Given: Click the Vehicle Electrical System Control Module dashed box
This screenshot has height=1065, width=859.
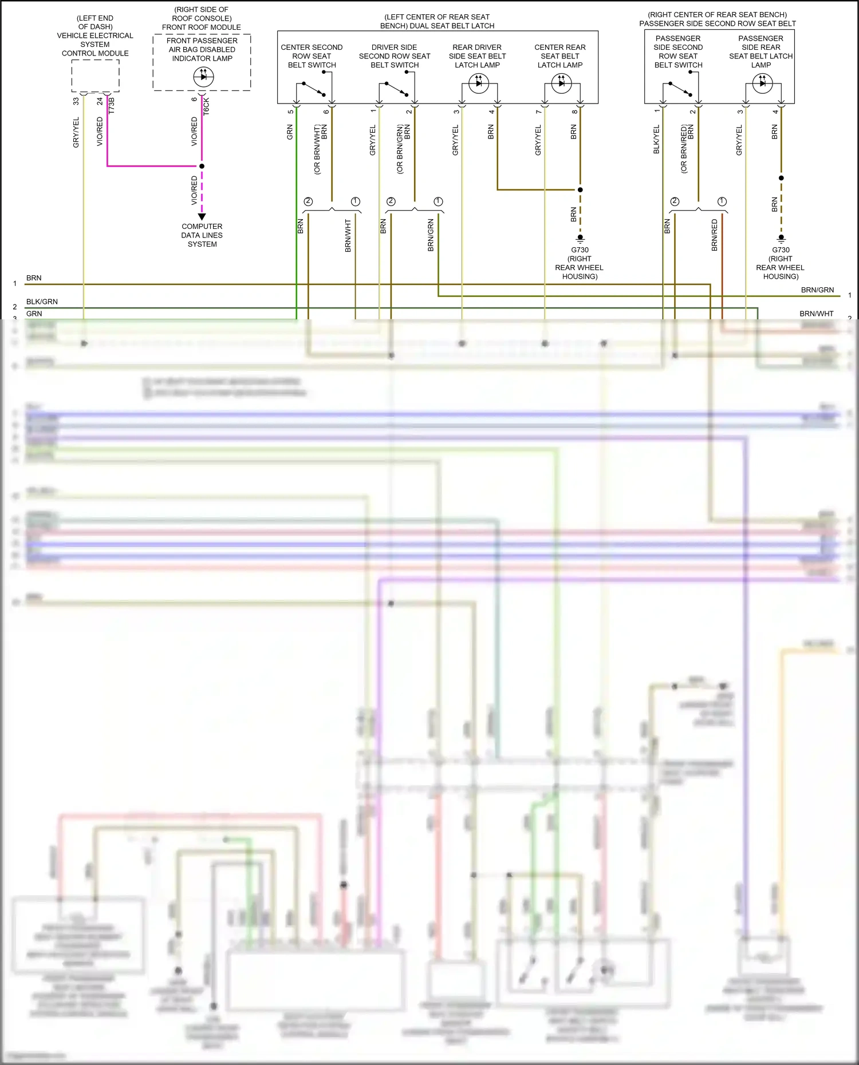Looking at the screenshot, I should coord(95,75).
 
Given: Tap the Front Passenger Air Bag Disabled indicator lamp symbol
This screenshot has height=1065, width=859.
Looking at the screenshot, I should coord(203,77).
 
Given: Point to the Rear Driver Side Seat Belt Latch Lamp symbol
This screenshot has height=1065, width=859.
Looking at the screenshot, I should coord(479,84).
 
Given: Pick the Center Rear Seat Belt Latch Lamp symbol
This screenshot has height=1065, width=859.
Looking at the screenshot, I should coord(561,84).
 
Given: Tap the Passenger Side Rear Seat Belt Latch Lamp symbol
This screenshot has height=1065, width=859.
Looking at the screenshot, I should coord(762,84).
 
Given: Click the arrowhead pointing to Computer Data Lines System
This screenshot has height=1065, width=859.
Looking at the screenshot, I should coord(202,217).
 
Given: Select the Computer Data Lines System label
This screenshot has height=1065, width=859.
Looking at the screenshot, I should coord(202,235).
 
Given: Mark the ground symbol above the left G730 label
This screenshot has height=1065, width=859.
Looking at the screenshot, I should coord(580,238).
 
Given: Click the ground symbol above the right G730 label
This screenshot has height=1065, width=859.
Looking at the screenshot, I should coord(781,238).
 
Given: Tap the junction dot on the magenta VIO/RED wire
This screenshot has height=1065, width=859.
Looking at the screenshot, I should coord(202,166).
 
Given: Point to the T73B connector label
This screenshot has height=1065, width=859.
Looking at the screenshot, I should coord(112,105).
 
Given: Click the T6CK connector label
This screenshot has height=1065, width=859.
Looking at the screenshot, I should coord(206,106).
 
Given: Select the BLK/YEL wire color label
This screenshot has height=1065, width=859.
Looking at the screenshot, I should coord(656,139).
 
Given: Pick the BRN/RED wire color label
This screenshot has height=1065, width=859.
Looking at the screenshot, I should coord(714,235).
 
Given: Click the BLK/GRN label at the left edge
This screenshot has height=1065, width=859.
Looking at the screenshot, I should coord(42,302).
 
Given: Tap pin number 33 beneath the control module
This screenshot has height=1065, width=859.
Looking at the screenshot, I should coord(76,101).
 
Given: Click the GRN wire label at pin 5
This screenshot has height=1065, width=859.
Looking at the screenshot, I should coord(290,133).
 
